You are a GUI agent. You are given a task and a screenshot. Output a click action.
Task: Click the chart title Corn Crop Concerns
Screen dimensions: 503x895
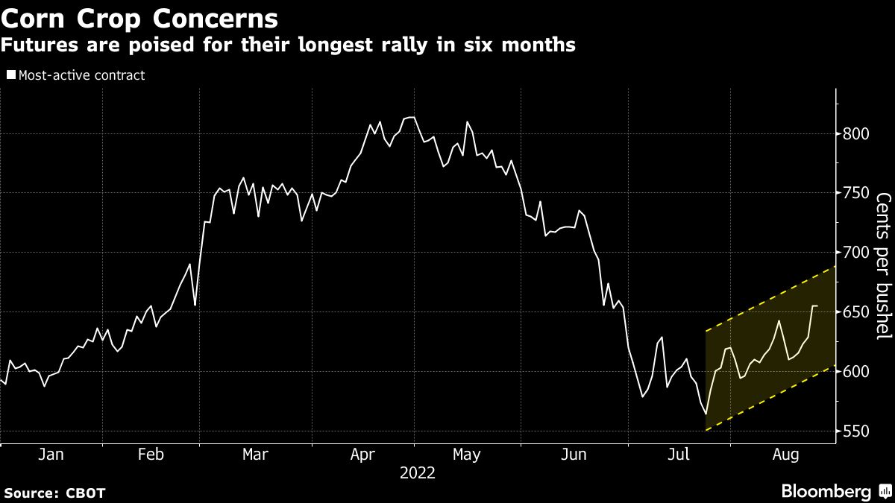(x=139, y=17)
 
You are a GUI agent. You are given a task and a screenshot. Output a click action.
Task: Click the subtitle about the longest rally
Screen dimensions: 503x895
(x=288, y=45)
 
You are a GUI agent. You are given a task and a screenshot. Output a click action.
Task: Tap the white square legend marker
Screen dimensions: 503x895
(x=10, y=75)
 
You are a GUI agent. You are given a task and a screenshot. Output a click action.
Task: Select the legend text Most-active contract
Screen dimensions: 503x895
(x=81, y=75)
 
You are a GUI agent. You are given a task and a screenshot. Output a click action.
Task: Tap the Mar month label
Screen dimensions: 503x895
(x=256, y=455)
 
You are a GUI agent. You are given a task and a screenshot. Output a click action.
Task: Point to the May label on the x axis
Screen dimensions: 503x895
(x=467, y=455)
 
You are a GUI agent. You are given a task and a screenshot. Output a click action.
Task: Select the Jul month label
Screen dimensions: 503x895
(x=678, y=455)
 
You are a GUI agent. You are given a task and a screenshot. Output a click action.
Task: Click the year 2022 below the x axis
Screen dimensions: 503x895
(x=418, y=473)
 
